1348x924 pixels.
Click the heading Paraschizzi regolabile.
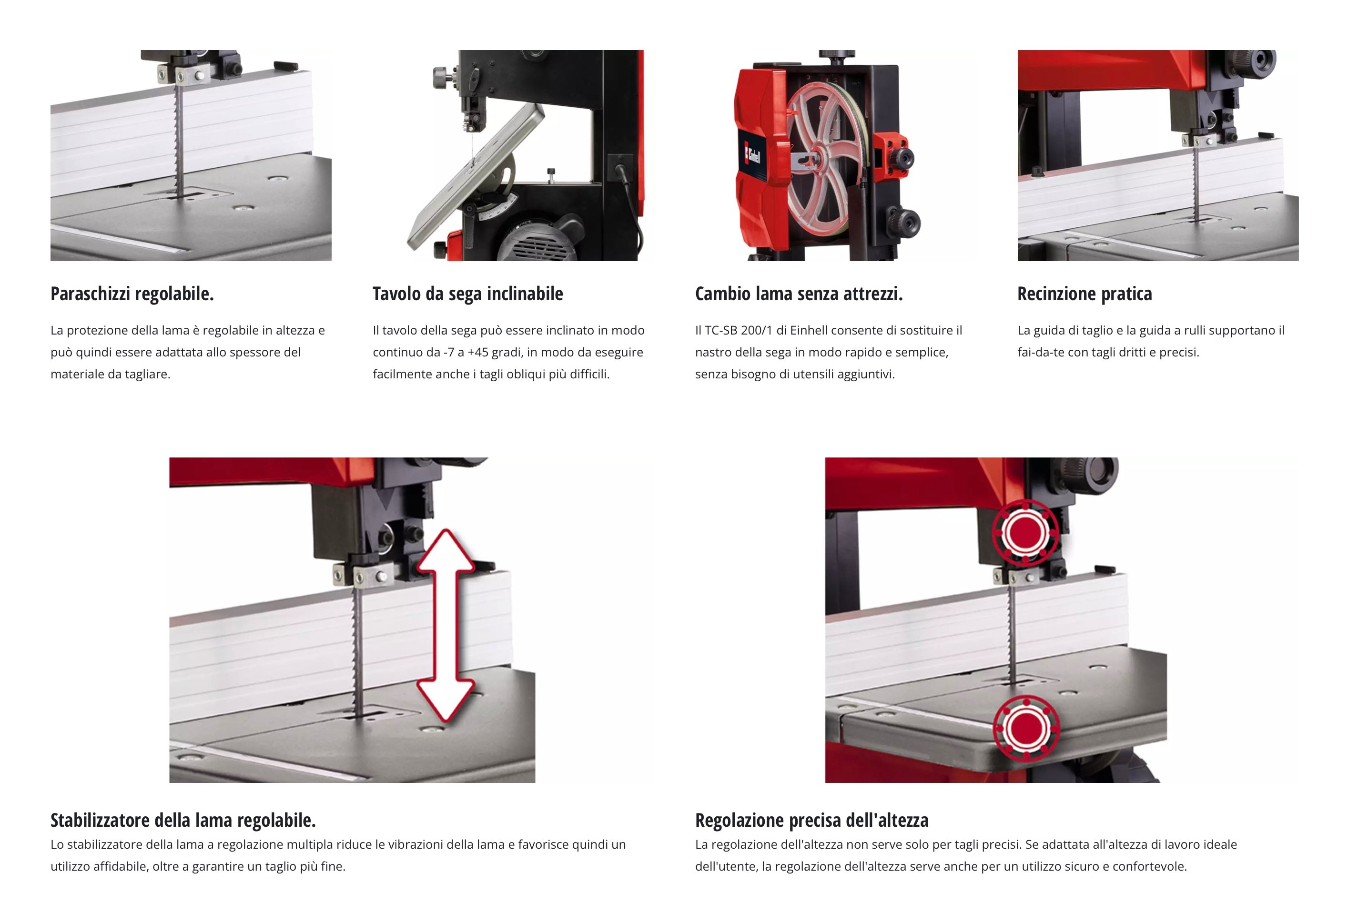coord(132,294)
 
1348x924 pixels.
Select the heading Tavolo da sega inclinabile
coord(467,294)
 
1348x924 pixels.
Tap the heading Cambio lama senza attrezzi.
coord(799,294)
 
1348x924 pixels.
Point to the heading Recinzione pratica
coord(1084,294)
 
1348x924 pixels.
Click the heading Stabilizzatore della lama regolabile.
coord(183,820)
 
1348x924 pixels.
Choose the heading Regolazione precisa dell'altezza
coord(812,820)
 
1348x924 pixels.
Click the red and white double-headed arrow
coord(446,625)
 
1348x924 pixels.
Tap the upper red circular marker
coord(1025,532)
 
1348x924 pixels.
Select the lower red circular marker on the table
coord(1026,728)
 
